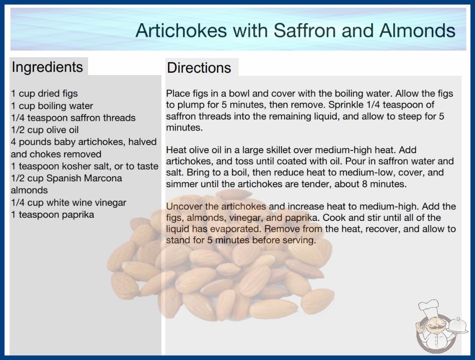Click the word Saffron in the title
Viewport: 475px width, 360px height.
coord(304,30)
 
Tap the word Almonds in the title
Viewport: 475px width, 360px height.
coord(417,30)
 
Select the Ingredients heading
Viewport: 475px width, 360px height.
coord(47,67)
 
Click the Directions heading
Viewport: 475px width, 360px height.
coord(199,68)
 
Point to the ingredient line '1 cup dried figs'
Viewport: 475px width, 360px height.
coord(44,94)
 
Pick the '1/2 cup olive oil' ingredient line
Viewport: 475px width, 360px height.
coord(45,130)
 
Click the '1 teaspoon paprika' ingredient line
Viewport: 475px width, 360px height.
coord(52,215)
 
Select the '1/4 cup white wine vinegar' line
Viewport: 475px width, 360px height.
coord(69,203)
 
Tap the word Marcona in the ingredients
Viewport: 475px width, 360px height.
coord(103,178)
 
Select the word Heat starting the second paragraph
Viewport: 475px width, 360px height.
coord(176,150)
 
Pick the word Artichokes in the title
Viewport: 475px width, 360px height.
coord(182,30)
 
